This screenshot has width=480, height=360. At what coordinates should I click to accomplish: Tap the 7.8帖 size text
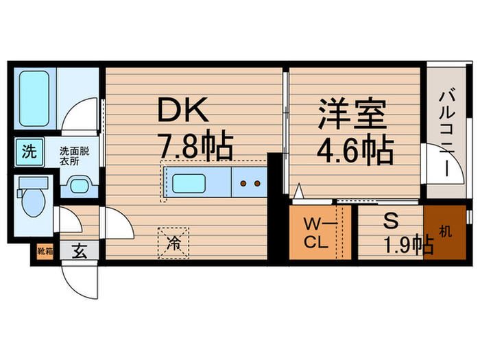[x=195, y=145]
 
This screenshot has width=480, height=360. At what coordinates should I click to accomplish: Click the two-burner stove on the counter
[x=250, y=184]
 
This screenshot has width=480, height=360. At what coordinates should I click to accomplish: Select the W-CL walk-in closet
[x=317, y=234]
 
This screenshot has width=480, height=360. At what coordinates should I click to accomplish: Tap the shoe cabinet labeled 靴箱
[x=44, y=252]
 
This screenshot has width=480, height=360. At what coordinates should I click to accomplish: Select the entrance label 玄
[x=80, y=252]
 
